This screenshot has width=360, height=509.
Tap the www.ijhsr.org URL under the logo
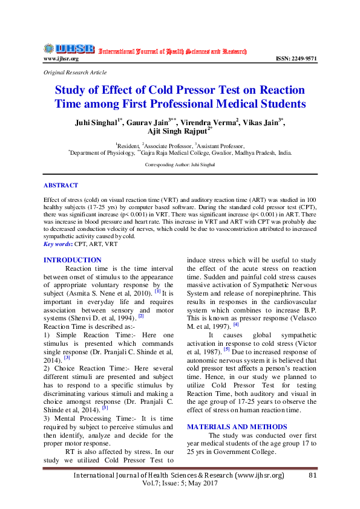click(x=61, y=59)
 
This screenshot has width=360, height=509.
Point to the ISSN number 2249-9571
click(x=296, y=59)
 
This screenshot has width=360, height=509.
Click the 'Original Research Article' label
click(x=74, y=72)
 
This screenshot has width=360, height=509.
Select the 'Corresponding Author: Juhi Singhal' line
click(x=180, y=164)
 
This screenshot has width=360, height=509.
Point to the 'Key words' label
click(x=57, y=244)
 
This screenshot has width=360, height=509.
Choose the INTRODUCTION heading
click(x=73, y=260)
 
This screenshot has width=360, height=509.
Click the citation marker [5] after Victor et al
click(x=226, y=349)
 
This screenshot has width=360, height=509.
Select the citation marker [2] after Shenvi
click(x=141, y=316)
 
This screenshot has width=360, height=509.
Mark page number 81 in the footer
click(x=313, y=476)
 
